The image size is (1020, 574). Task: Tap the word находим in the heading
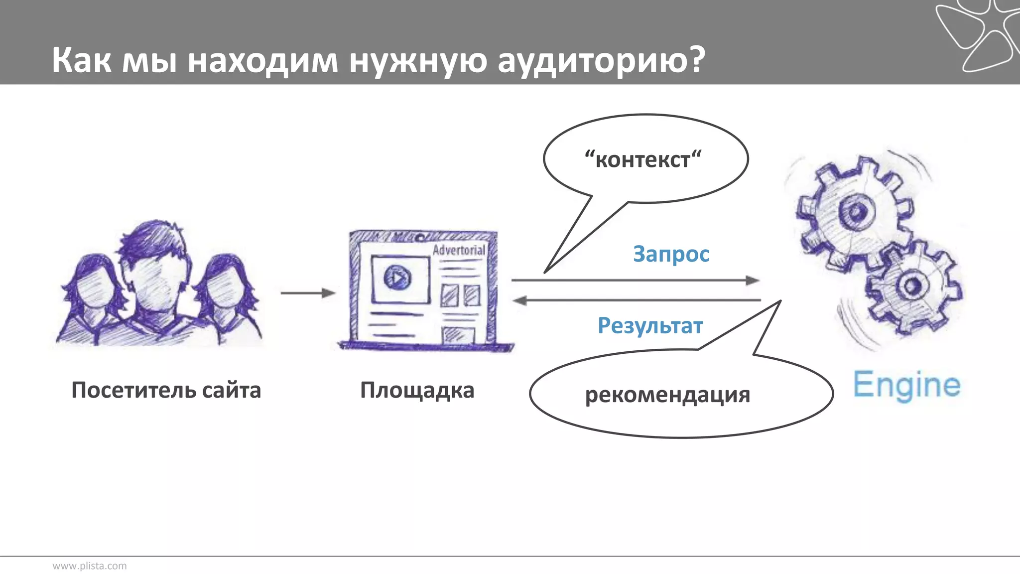[x=263, y=60]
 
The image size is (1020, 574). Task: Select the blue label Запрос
[x=671, y=254]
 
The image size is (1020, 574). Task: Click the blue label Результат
[x=650, y=325]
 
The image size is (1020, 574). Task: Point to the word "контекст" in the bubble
[x=643, y=159]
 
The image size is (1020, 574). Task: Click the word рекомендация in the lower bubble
[x=667, y=395]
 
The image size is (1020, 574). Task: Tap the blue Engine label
[x=906, y=385]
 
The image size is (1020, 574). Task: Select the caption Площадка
[x=417, y=390]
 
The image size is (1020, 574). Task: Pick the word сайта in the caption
[x=231, y=390]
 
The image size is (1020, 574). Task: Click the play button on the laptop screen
[x=397, y=278]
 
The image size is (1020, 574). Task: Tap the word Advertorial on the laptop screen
[x=458, y=250]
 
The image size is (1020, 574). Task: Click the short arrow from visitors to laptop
[x=308, y=293]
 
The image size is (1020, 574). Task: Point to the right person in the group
[x=227, y=299]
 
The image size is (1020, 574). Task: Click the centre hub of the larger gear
[x=856, y=212]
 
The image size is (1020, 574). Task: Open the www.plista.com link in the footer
[x=90, y=566]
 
